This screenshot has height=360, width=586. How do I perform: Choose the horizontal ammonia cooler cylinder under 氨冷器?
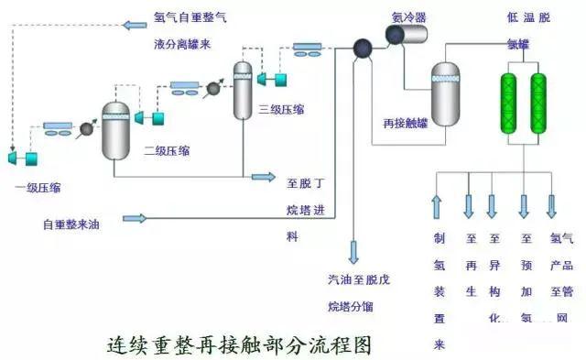[x=408, y=36]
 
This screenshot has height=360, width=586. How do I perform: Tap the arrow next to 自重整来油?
[x=135, y=218]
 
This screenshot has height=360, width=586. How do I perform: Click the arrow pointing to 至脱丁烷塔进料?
[x=263, y=176]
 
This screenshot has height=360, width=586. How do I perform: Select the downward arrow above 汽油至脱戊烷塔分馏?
[x=353, y=250]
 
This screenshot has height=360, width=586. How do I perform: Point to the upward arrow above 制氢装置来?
[x=437, y=206]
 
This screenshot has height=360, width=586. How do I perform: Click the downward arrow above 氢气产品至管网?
[x=552, y=206]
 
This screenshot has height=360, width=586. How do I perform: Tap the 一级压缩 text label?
[x=39, y=188]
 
